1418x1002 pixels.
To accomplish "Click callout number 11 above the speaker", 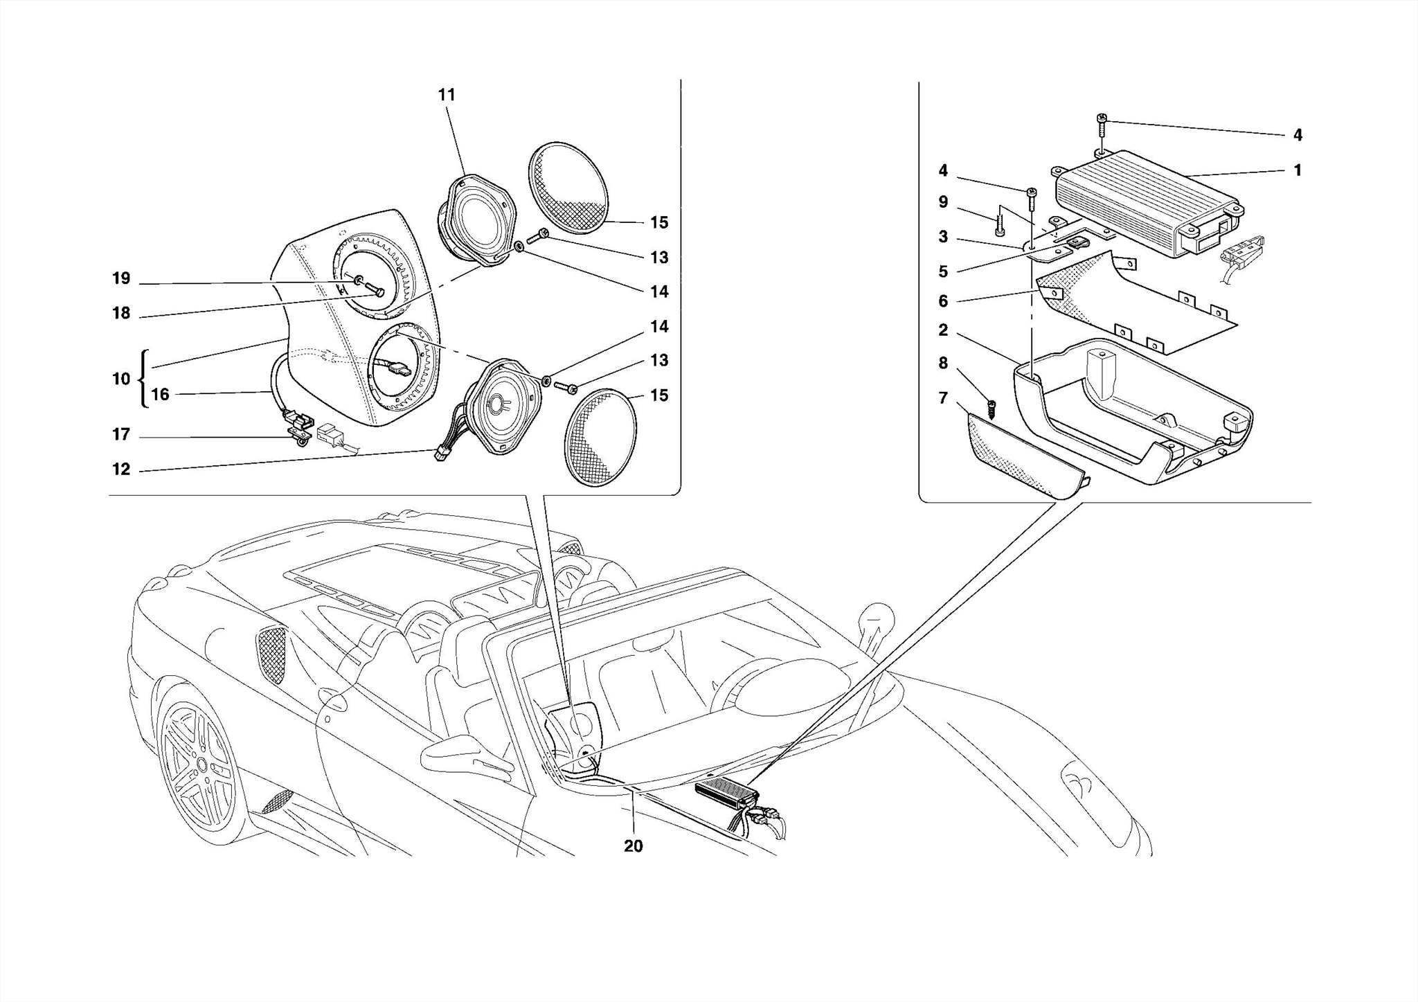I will (447, 95).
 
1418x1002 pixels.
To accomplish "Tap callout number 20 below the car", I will (633, 846).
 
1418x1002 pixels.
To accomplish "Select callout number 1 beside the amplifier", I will (1298, 170).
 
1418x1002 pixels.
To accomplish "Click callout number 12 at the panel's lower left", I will (121, 469).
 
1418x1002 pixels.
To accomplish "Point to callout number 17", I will (121, 434).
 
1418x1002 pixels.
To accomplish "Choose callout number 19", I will (121, 278).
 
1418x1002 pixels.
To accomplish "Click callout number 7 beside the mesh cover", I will (943, 397).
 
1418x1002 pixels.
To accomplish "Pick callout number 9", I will (943, 202).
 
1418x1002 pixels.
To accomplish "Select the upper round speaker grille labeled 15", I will (568, 187).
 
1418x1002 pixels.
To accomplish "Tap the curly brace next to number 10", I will (143, 379).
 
